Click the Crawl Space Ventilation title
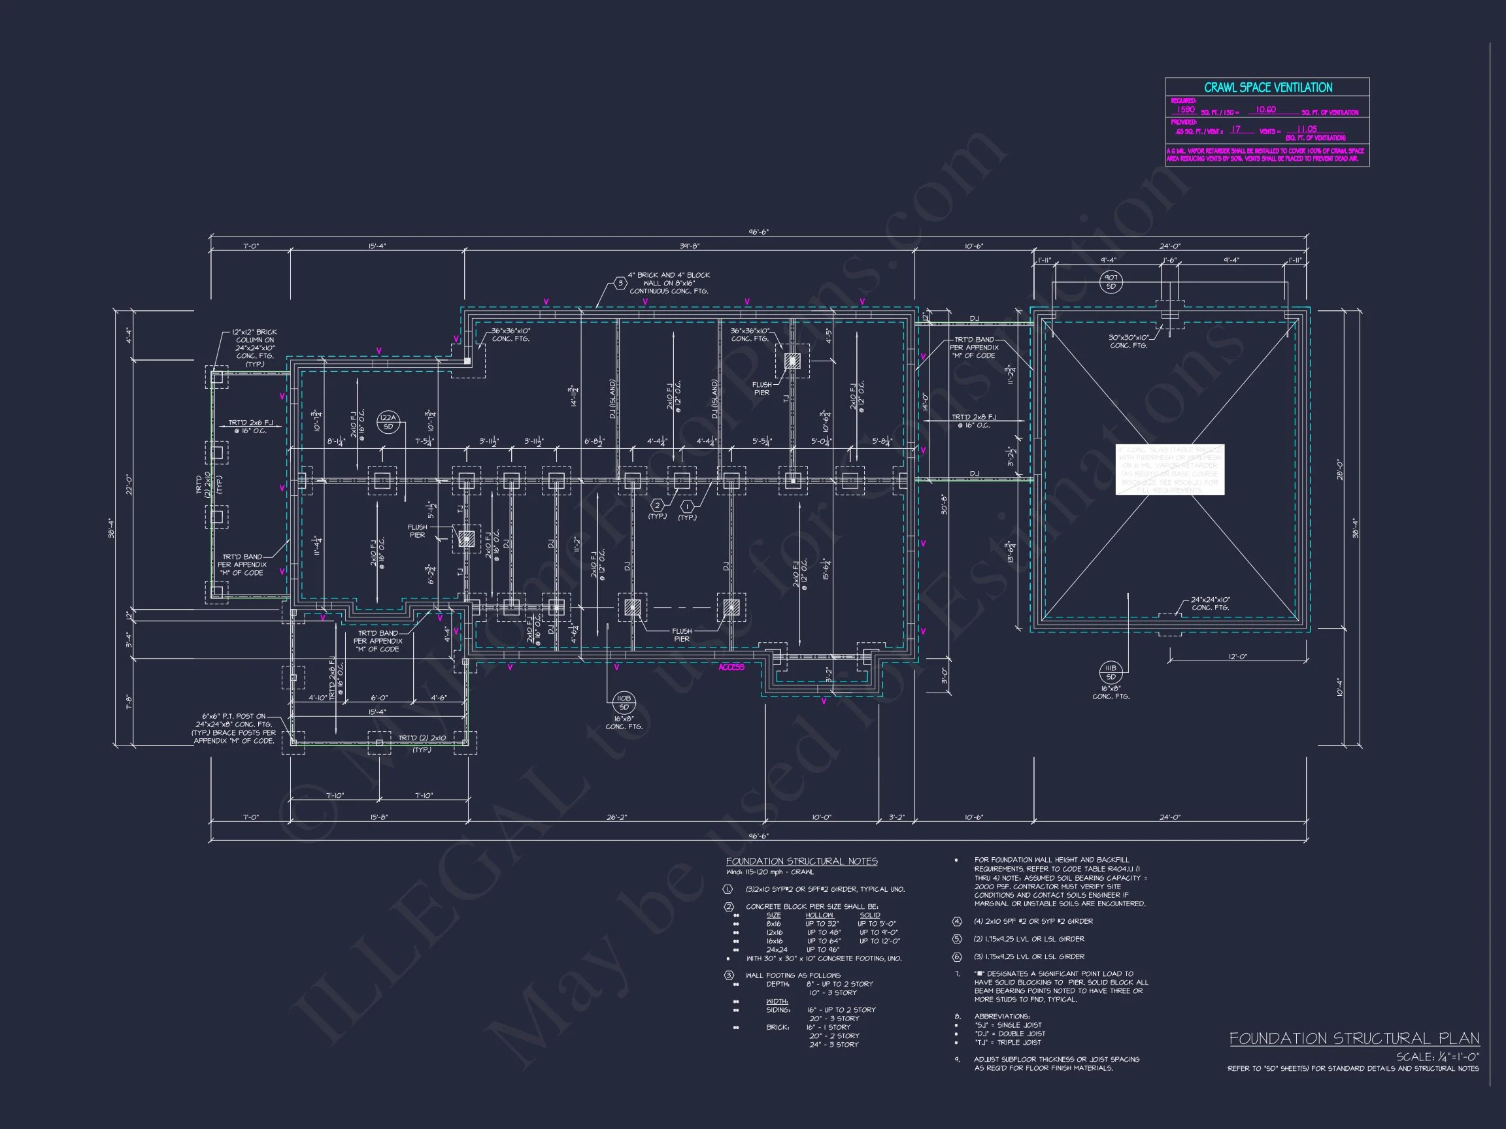pos(1267,88)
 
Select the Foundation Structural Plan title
pos(1354,1038)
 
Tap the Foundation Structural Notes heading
pos(801,862)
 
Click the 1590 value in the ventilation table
pos(1185,110)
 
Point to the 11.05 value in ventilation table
pos(1307,129)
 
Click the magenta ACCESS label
pos(731,667)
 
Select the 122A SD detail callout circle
pos(388,422)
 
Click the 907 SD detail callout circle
pos(1111,282)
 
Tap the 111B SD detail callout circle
pos(1111,672)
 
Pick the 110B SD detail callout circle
pos(623,702)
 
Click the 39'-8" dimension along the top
pos(689,246)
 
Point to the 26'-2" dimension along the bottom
pos(616,817)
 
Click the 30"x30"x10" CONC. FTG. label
pos(1128,341)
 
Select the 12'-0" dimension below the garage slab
pos(1237,657)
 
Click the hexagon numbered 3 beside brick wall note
pos(620,283)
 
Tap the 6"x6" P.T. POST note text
pos(234,728)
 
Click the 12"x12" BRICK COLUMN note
pos(255,348)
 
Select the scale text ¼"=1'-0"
pos(1437,1057)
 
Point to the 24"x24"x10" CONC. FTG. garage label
pos(1210,604)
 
